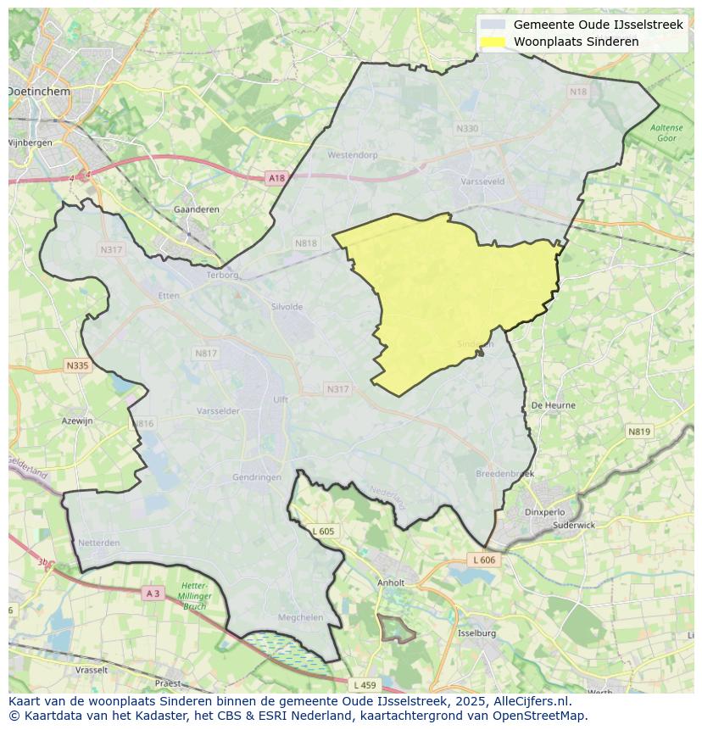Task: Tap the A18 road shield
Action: pos(276,178)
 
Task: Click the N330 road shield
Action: pos(466,128)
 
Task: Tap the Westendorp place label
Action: pos(352,155)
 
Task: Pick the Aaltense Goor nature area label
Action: pos(666,132)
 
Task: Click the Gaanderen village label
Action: pos(196,209)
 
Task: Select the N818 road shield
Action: pos(305,243)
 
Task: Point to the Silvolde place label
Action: pos(287,307)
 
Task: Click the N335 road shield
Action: pos(76,365)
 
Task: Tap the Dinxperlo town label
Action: pos(544,512)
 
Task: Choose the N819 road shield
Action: pos(638,432)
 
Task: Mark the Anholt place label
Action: pos(391,582)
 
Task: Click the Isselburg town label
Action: pos(476,633)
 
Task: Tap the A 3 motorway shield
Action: pos(152,593)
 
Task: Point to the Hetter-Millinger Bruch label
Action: pos(195,596)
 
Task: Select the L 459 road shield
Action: pos(364,684)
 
